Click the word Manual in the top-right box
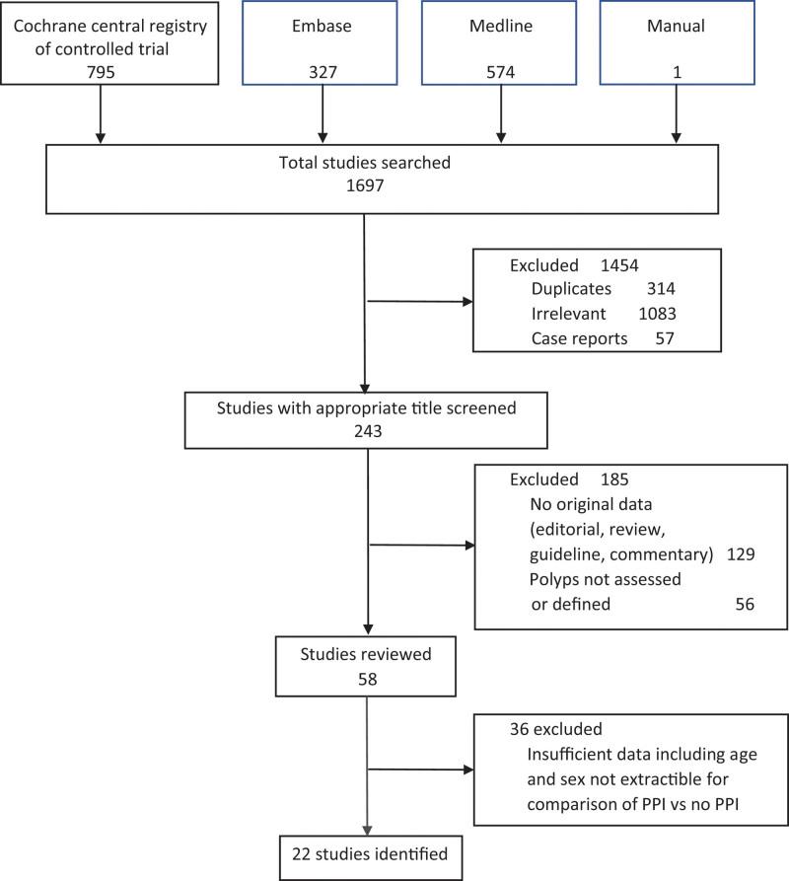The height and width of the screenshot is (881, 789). point(676,26)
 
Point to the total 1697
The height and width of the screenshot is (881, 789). point(365,184)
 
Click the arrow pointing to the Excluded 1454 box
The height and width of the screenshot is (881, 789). point(419,302)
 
